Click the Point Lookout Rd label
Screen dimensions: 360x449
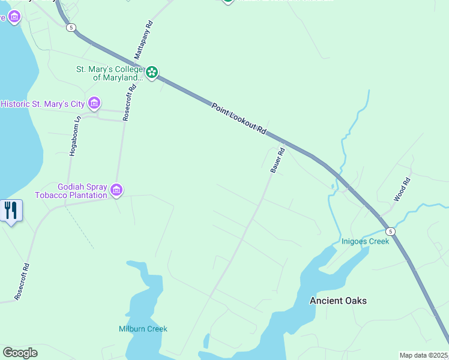238,118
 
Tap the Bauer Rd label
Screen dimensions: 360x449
277,161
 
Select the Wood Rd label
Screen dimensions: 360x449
402,190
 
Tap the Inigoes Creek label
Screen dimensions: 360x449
365,241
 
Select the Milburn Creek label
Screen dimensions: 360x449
143,329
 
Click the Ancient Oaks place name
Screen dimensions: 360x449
338,301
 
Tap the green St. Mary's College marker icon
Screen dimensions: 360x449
152,73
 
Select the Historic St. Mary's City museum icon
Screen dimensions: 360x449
94,103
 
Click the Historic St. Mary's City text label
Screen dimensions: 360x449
43,104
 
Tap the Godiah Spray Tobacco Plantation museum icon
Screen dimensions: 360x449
116,191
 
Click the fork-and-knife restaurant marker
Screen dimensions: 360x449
11,211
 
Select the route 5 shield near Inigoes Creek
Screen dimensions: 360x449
390,232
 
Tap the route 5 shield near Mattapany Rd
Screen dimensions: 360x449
71,28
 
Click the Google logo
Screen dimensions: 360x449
20,353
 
